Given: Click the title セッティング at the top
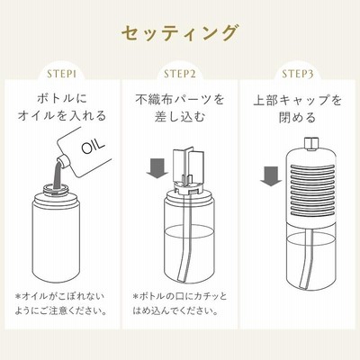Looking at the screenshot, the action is coord(179,33).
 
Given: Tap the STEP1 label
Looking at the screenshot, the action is coord(61,74).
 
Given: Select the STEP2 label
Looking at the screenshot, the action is coord(180,74).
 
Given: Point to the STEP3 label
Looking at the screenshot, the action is coord(298,74).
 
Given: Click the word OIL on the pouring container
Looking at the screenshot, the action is coord(94,146).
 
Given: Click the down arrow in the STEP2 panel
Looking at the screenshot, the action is coord(157,168).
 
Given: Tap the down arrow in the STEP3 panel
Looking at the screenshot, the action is coord(271,176).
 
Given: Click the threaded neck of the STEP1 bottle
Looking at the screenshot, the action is coord(57,190).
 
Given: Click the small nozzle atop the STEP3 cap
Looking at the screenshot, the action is coord(310,143).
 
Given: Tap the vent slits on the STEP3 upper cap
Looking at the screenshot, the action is coord(312,192).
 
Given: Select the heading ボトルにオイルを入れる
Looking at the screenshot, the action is coord(61,107).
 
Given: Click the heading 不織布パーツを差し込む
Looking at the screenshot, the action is coord(180,108).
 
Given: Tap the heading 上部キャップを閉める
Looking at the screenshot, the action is coord(298,109).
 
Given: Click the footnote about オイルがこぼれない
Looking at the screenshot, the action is coord(61,304).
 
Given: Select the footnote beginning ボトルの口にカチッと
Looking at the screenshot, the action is coord(180,303).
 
